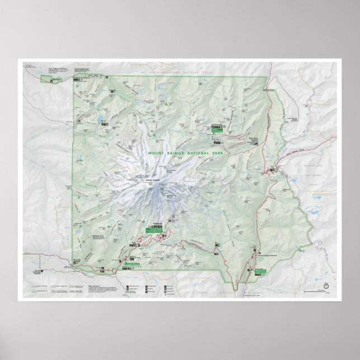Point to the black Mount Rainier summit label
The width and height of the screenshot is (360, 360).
152,180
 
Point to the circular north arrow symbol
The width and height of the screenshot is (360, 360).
325,287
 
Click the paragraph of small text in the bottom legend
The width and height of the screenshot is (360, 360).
100,288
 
